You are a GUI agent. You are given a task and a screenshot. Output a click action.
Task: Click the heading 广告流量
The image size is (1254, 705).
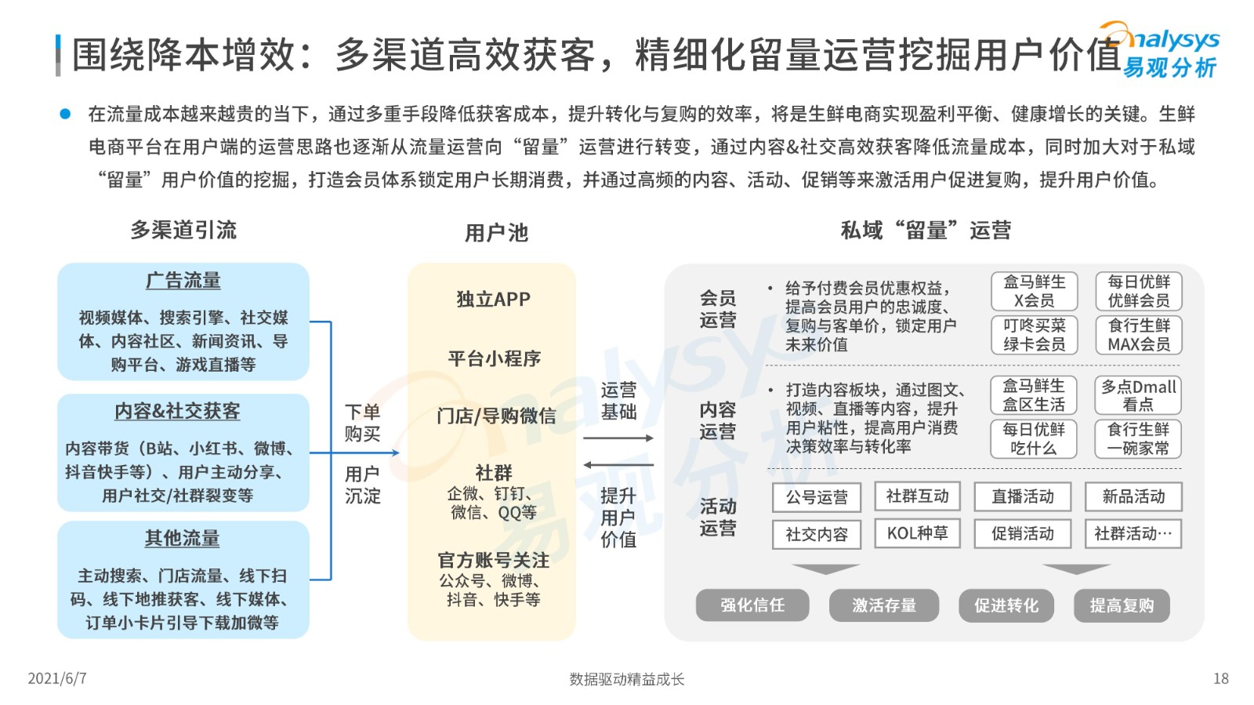(x=183, y=281)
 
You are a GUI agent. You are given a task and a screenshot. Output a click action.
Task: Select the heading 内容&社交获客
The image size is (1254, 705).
(x=177, y=412)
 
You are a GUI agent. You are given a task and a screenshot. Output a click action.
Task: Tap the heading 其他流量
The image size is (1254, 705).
(x=183, y=538)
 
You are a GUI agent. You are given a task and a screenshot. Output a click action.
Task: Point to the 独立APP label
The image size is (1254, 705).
(x=493, y=299)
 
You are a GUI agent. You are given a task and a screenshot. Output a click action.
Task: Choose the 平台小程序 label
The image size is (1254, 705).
(x=495, y=358)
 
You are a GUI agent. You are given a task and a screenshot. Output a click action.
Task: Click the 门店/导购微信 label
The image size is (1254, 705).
(x=496, y=416)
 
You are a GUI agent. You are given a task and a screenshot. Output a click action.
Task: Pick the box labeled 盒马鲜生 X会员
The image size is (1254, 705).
(x=1034, y=291)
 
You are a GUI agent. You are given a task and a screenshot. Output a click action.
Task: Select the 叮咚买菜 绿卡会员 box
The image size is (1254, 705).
(x=1034, y=335)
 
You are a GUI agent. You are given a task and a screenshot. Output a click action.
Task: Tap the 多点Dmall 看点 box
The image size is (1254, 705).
(x=1138, y=395)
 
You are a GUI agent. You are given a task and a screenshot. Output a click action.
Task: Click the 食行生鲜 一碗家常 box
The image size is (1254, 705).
(x=1138, y=439)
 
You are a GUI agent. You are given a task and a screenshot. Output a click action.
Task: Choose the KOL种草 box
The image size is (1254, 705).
(x=918, y=532)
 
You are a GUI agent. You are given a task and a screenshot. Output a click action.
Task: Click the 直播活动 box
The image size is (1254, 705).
(x=1023, y=496)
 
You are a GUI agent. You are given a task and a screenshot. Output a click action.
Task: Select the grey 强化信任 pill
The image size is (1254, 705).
(x=752, y=605)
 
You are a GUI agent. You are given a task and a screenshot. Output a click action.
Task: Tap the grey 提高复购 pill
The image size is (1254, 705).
(x=1122, y=605)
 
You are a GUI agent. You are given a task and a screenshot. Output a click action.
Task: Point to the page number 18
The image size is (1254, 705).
(x=1221, y=678)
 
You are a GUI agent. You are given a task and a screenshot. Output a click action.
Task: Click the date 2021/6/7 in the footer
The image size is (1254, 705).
(x=57, y=678)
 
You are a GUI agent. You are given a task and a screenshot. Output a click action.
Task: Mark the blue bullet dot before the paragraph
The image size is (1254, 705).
(x=66, y=114)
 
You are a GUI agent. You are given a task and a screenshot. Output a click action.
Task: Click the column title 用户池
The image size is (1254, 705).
(x=497, y=232)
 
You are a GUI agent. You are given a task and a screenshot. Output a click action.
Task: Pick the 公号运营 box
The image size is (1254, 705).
(x=817, y=497)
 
